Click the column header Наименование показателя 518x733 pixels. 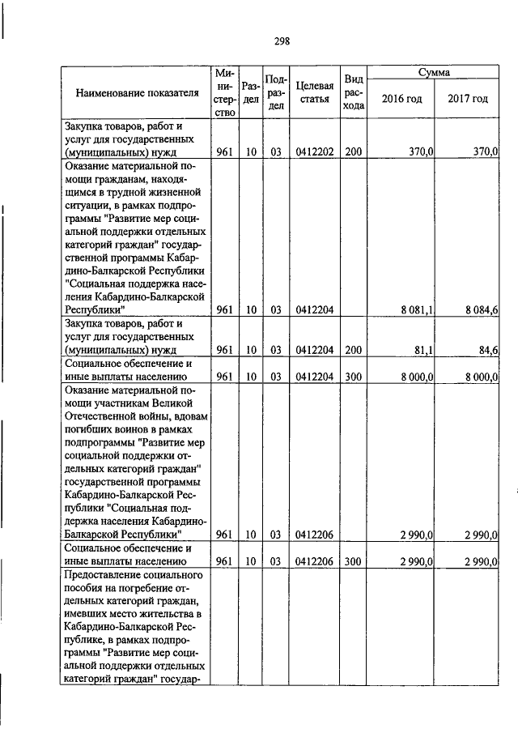click(x=137, y=93)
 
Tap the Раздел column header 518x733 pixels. click(x=251, y=93)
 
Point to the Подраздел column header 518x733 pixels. click(x=276, y=92)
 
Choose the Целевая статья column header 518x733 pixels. click(x=315, y=92)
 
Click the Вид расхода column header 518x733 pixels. click(x=353, y=92)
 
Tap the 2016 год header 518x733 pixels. click(x=401, y=100)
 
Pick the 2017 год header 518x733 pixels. click(x=468, y=100)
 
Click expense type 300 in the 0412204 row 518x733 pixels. click(x=352, y=376)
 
